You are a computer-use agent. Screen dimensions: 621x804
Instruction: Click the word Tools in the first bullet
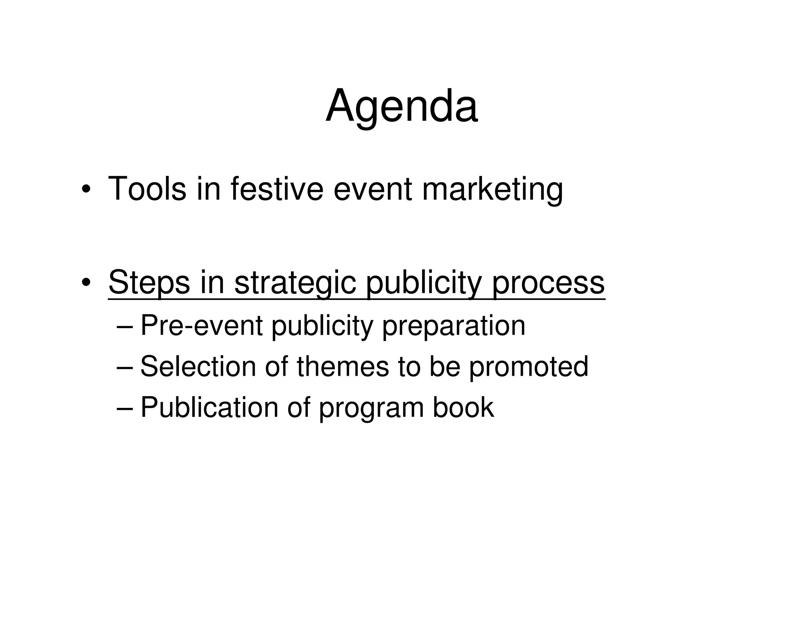[147, 189]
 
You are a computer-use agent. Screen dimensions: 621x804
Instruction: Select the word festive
[277, 189]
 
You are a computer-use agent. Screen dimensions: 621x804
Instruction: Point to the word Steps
[149, 283]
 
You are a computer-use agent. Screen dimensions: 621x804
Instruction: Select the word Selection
[198, 367]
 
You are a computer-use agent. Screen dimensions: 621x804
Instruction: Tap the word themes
[343, 367]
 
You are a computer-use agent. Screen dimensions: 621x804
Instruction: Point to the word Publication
[209, 407]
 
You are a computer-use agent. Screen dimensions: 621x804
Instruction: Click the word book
[463, 407]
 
